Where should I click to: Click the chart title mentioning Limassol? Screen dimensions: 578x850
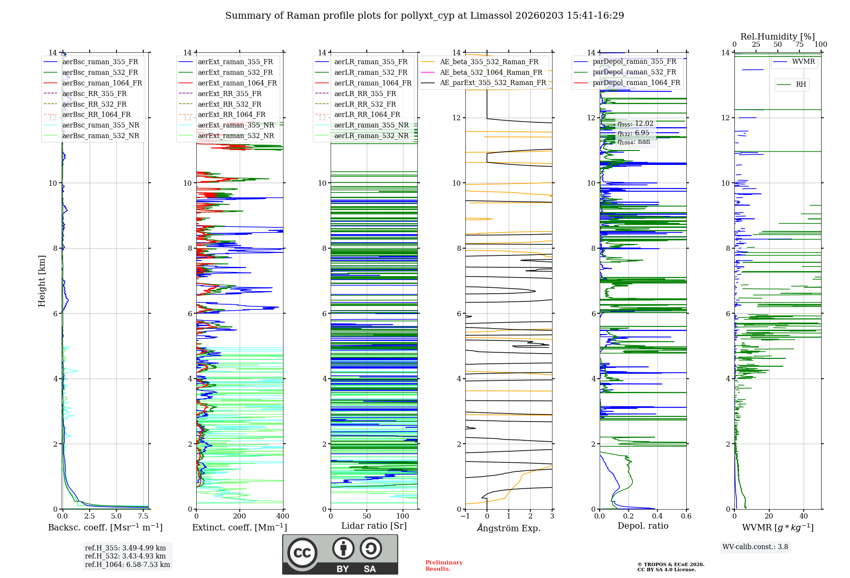point(425,16)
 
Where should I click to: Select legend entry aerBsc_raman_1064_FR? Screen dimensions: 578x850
point(102,83)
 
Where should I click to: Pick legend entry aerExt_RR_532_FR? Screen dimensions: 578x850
point(229,104)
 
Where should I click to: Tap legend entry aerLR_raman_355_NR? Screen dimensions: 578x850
point(371,125)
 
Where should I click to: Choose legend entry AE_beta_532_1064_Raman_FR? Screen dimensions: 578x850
point(491,72)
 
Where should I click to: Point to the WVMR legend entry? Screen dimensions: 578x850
point(803,62)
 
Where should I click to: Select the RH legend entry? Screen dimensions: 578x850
point(801,85)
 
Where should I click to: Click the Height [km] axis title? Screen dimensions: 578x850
point(42,280)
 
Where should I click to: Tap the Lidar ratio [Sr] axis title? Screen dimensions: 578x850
point(374,526)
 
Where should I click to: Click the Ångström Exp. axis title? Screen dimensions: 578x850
point(509,528)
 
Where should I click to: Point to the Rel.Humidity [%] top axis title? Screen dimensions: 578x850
point(777,37)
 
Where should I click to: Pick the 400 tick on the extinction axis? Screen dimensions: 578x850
point(283,516)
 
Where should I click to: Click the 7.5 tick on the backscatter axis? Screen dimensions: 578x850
point(143,516)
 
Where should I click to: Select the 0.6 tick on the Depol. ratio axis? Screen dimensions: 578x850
point(686,516)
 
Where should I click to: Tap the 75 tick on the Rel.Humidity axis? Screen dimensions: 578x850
point(799,44)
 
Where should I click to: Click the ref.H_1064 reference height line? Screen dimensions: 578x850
point(127,564)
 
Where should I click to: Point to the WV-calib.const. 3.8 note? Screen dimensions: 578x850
point(755,547)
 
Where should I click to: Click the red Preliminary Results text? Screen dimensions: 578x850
point(444,565)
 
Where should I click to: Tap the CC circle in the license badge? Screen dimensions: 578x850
point(302,553)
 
